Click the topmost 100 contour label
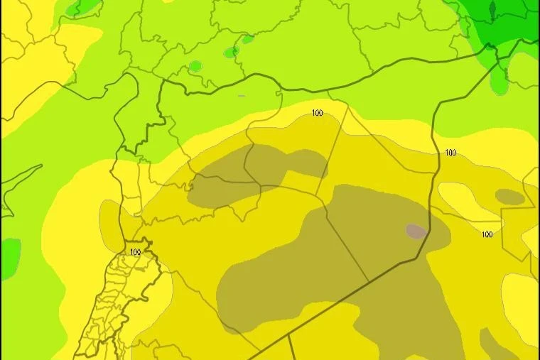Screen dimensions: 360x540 tap(317, 113)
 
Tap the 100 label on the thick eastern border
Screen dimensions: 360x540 tap(450, 153)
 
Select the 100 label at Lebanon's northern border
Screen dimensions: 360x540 tap(136, 252)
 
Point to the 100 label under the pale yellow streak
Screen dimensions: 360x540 tap(487, 234)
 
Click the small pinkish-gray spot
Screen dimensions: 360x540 tap(416, 231)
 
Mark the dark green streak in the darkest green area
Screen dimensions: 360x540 tap(492, 10)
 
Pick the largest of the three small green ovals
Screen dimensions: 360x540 tap(195, 67)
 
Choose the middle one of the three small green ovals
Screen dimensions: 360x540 tap(230, 53)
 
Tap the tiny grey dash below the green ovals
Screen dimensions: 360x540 tap(242, 95)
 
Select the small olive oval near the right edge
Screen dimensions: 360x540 tap(509, 197)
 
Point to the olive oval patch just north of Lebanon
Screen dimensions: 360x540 tap(110, 220)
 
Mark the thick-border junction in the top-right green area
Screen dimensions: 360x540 tap(490, 46)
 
